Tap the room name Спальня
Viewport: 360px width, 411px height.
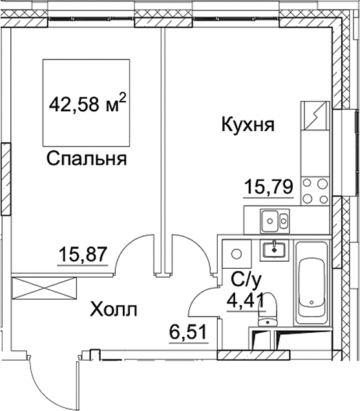(86, 159)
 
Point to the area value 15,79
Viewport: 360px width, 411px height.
(268, 187)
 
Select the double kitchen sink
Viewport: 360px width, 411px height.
(275, 221)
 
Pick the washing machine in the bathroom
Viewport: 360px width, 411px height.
(237, 253)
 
